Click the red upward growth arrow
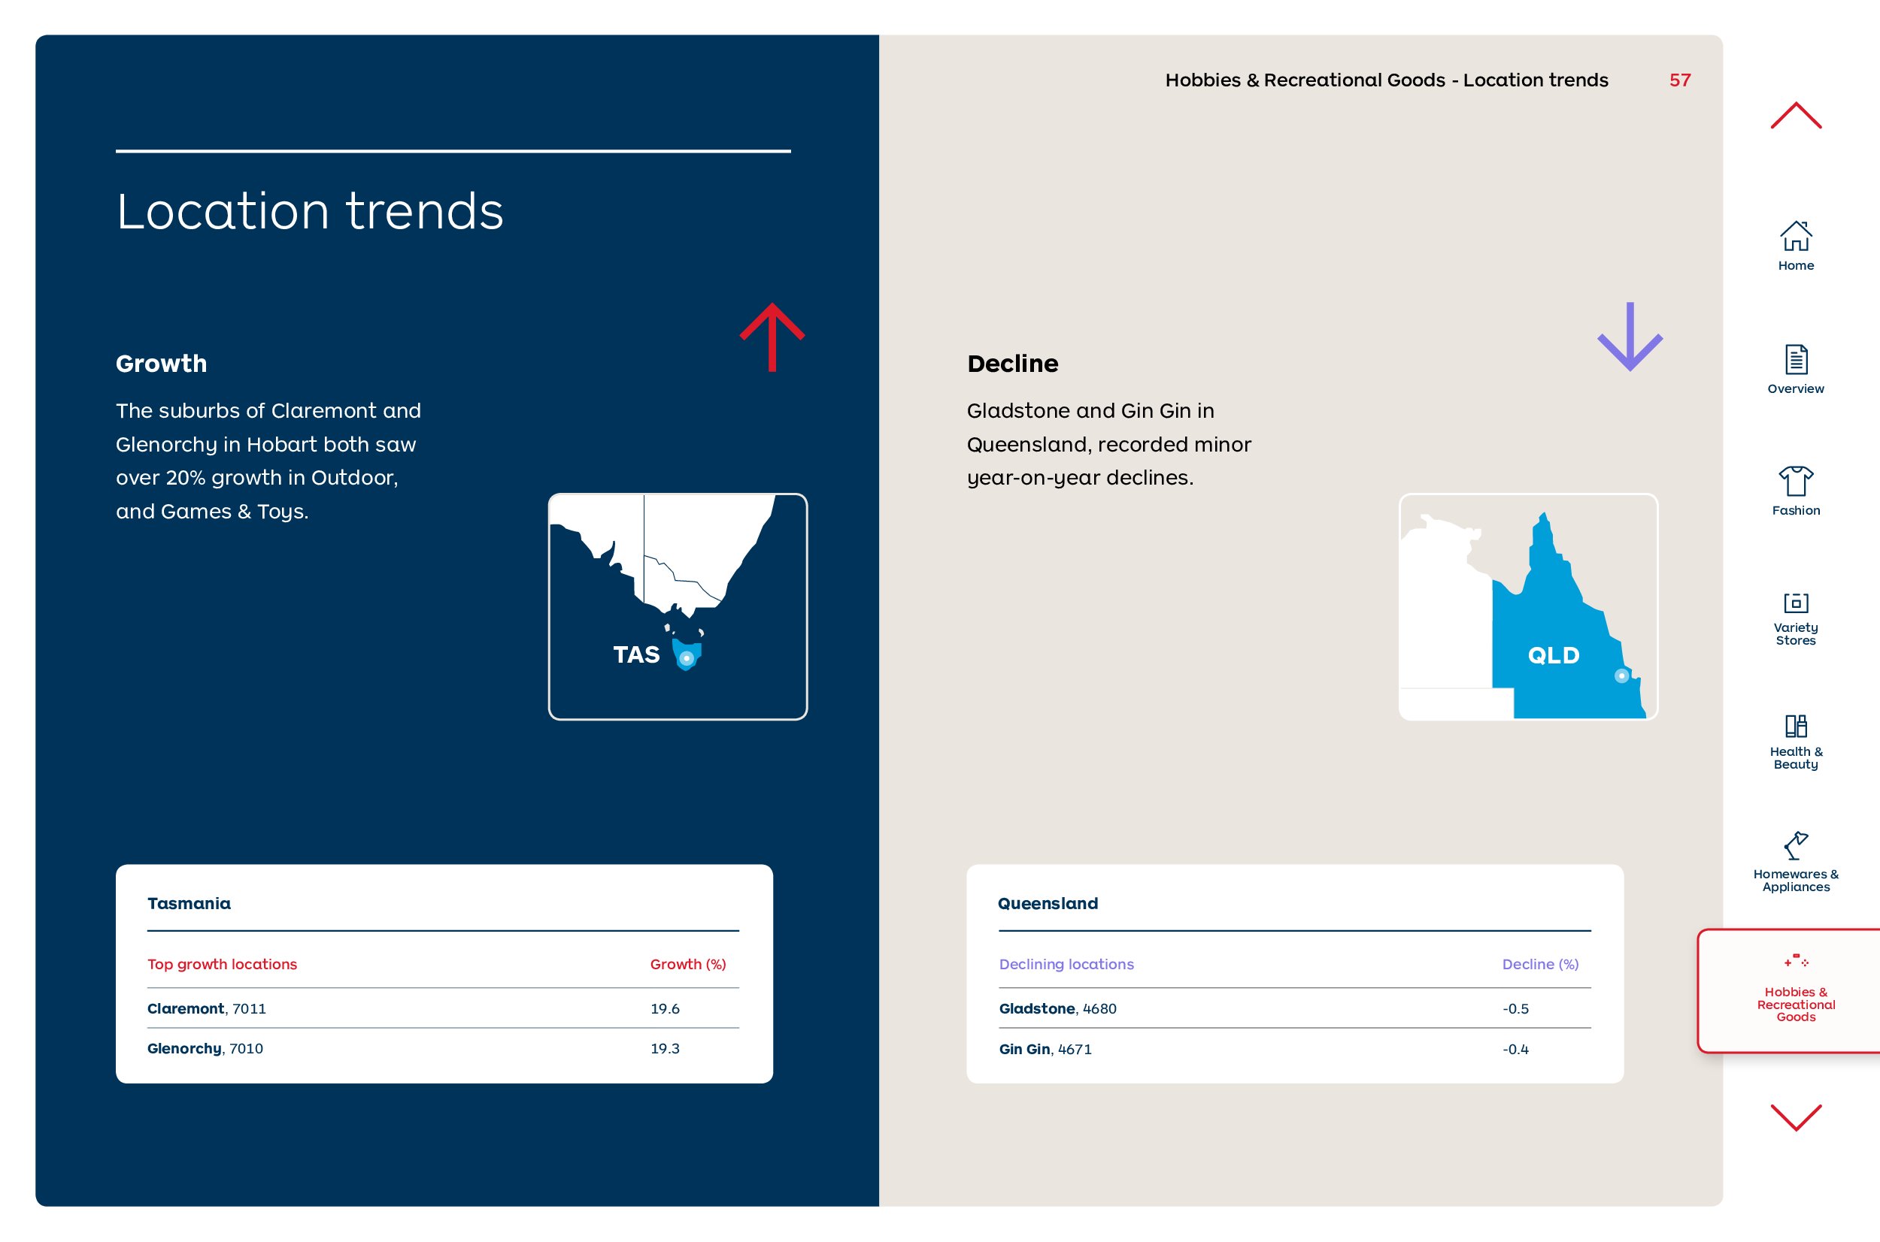click(772, 337)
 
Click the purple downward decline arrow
click(1630, 337)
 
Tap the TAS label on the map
click(636, 654)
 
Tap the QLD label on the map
click(1554, 655)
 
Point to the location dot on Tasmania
click(687, 658)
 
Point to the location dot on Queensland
click(1621, 675)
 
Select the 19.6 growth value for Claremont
click(665, 1008)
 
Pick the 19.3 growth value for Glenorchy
click(665, 1048)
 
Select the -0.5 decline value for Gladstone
click(1515, 1008)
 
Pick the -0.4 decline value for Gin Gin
click(1515, 1049)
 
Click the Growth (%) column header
click(688, 964)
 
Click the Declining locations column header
click(1066, 964)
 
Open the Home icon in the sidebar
click(1796, 235)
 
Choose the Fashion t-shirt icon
click(1796, 481)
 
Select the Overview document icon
click(1796, 360)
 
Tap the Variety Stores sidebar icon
click(1796, 603)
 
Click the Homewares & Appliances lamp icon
click(1795, 845)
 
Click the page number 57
click(1680, 80)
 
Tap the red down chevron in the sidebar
click(1796, 1117)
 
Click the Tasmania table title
click(189, 903)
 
